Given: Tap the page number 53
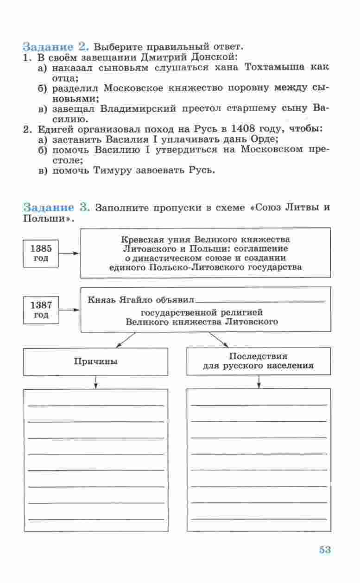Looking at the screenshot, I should [325, 550].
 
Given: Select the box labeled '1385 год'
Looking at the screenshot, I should [41, 253].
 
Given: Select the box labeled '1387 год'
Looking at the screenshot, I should [41, 310].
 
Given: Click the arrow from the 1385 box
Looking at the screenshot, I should [70, 253].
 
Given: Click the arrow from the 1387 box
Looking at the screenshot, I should [70, 310].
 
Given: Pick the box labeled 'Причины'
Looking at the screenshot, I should [95, 361].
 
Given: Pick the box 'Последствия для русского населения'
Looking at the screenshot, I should [259, 361].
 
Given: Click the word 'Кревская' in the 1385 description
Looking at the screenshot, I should [141, 240].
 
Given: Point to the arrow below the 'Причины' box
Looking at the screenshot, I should [95, 382].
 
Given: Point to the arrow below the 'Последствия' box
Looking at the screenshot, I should [259, 382].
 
